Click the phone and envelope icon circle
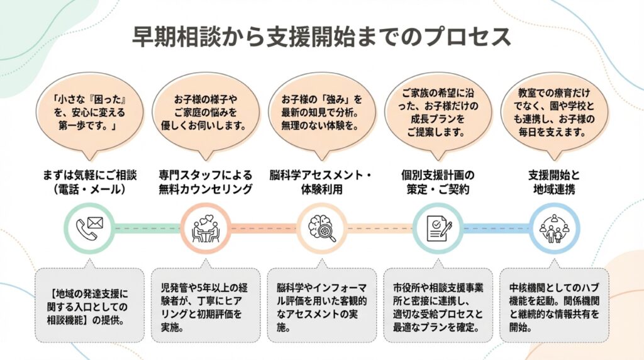(x=89, y=228)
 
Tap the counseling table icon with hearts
(x=204, y=228)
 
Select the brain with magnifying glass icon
(x=321, y=228)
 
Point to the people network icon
(x=554, y=228)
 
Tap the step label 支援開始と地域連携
(x=554, y=181)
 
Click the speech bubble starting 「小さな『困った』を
(x=89, y=114)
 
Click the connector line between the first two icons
(x=147, y=228)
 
